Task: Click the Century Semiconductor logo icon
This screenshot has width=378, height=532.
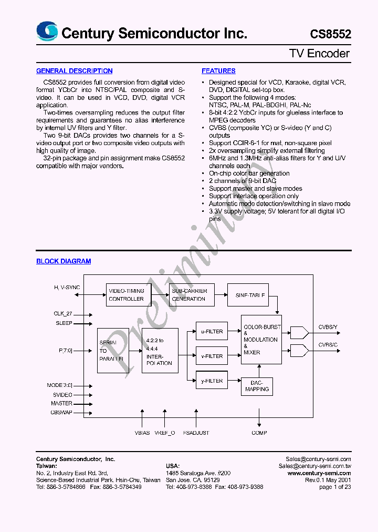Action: click(47, 32)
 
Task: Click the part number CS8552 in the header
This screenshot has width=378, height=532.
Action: click(330, 34)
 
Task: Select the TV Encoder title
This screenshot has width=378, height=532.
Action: click(319, 54)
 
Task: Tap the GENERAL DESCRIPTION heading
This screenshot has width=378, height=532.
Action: click(74, 71)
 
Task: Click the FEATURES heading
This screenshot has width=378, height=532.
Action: click(218, 71)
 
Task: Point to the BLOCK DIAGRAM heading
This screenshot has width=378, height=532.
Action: click(64, 261)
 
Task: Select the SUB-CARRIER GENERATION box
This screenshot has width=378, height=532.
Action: click(192, 295)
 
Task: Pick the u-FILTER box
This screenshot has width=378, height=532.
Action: click(212, 332)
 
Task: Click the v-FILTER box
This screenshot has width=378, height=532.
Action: click(212, 356)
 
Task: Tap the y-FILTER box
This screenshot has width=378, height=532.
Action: click(212, 381)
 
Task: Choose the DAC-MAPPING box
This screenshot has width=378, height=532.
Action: click(257, 386)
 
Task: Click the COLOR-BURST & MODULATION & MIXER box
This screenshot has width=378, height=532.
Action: click(261, 340)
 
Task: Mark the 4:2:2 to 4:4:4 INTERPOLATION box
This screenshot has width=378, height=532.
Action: click(160, 351)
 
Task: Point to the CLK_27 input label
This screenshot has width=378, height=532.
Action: click(63, 314)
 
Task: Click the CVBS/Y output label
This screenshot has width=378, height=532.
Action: click(328, 327)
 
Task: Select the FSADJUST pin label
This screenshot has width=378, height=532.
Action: click(196, 433)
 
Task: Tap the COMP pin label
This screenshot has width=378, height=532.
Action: click(259, 433)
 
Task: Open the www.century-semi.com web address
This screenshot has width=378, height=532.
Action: click(319, 473)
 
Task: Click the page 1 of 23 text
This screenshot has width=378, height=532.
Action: click(335, 487)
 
